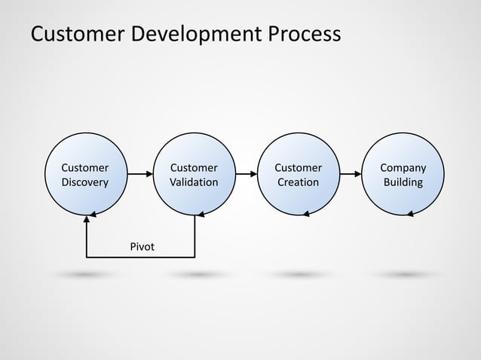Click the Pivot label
[x=142, y=246]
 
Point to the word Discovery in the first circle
[x=84, y=182]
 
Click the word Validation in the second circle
[x=194, y=182]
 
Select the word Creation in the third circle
[x=298, y=182]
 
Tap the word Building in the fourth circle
[x=403, y=182]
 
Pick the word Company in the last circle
[x=403, y=167]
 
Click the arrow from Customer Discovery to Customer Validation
[x=139, y=174]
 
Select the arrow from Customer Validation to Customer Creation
[x=244, y=174]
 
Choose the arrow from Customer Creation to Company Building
[x=349, y=174]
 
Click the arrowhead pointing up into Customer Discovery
[x=87, y=218]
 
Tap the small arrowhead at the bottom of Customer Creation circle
[x=305, y=214]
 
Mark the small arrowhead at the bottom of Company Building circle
[x=409, y=214]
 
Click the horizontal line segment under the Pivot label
[x=141, y=258]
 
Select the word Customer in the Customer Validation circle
[x=194, y=167]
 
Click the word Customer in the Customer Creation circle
[x=298, y=167]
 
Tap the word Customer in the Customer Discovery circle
[x=84, y=167]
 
